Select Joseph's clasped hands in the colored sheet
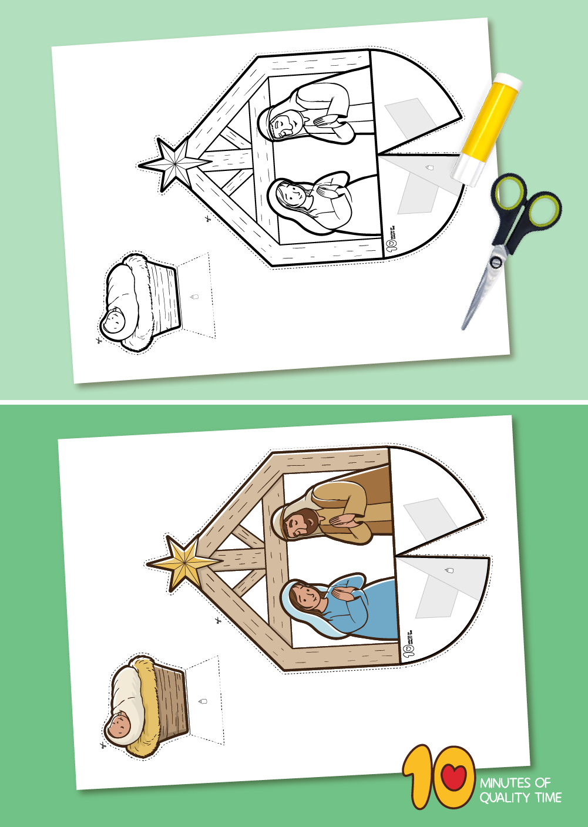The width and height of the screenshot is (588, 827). click(x=344, y=520)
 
